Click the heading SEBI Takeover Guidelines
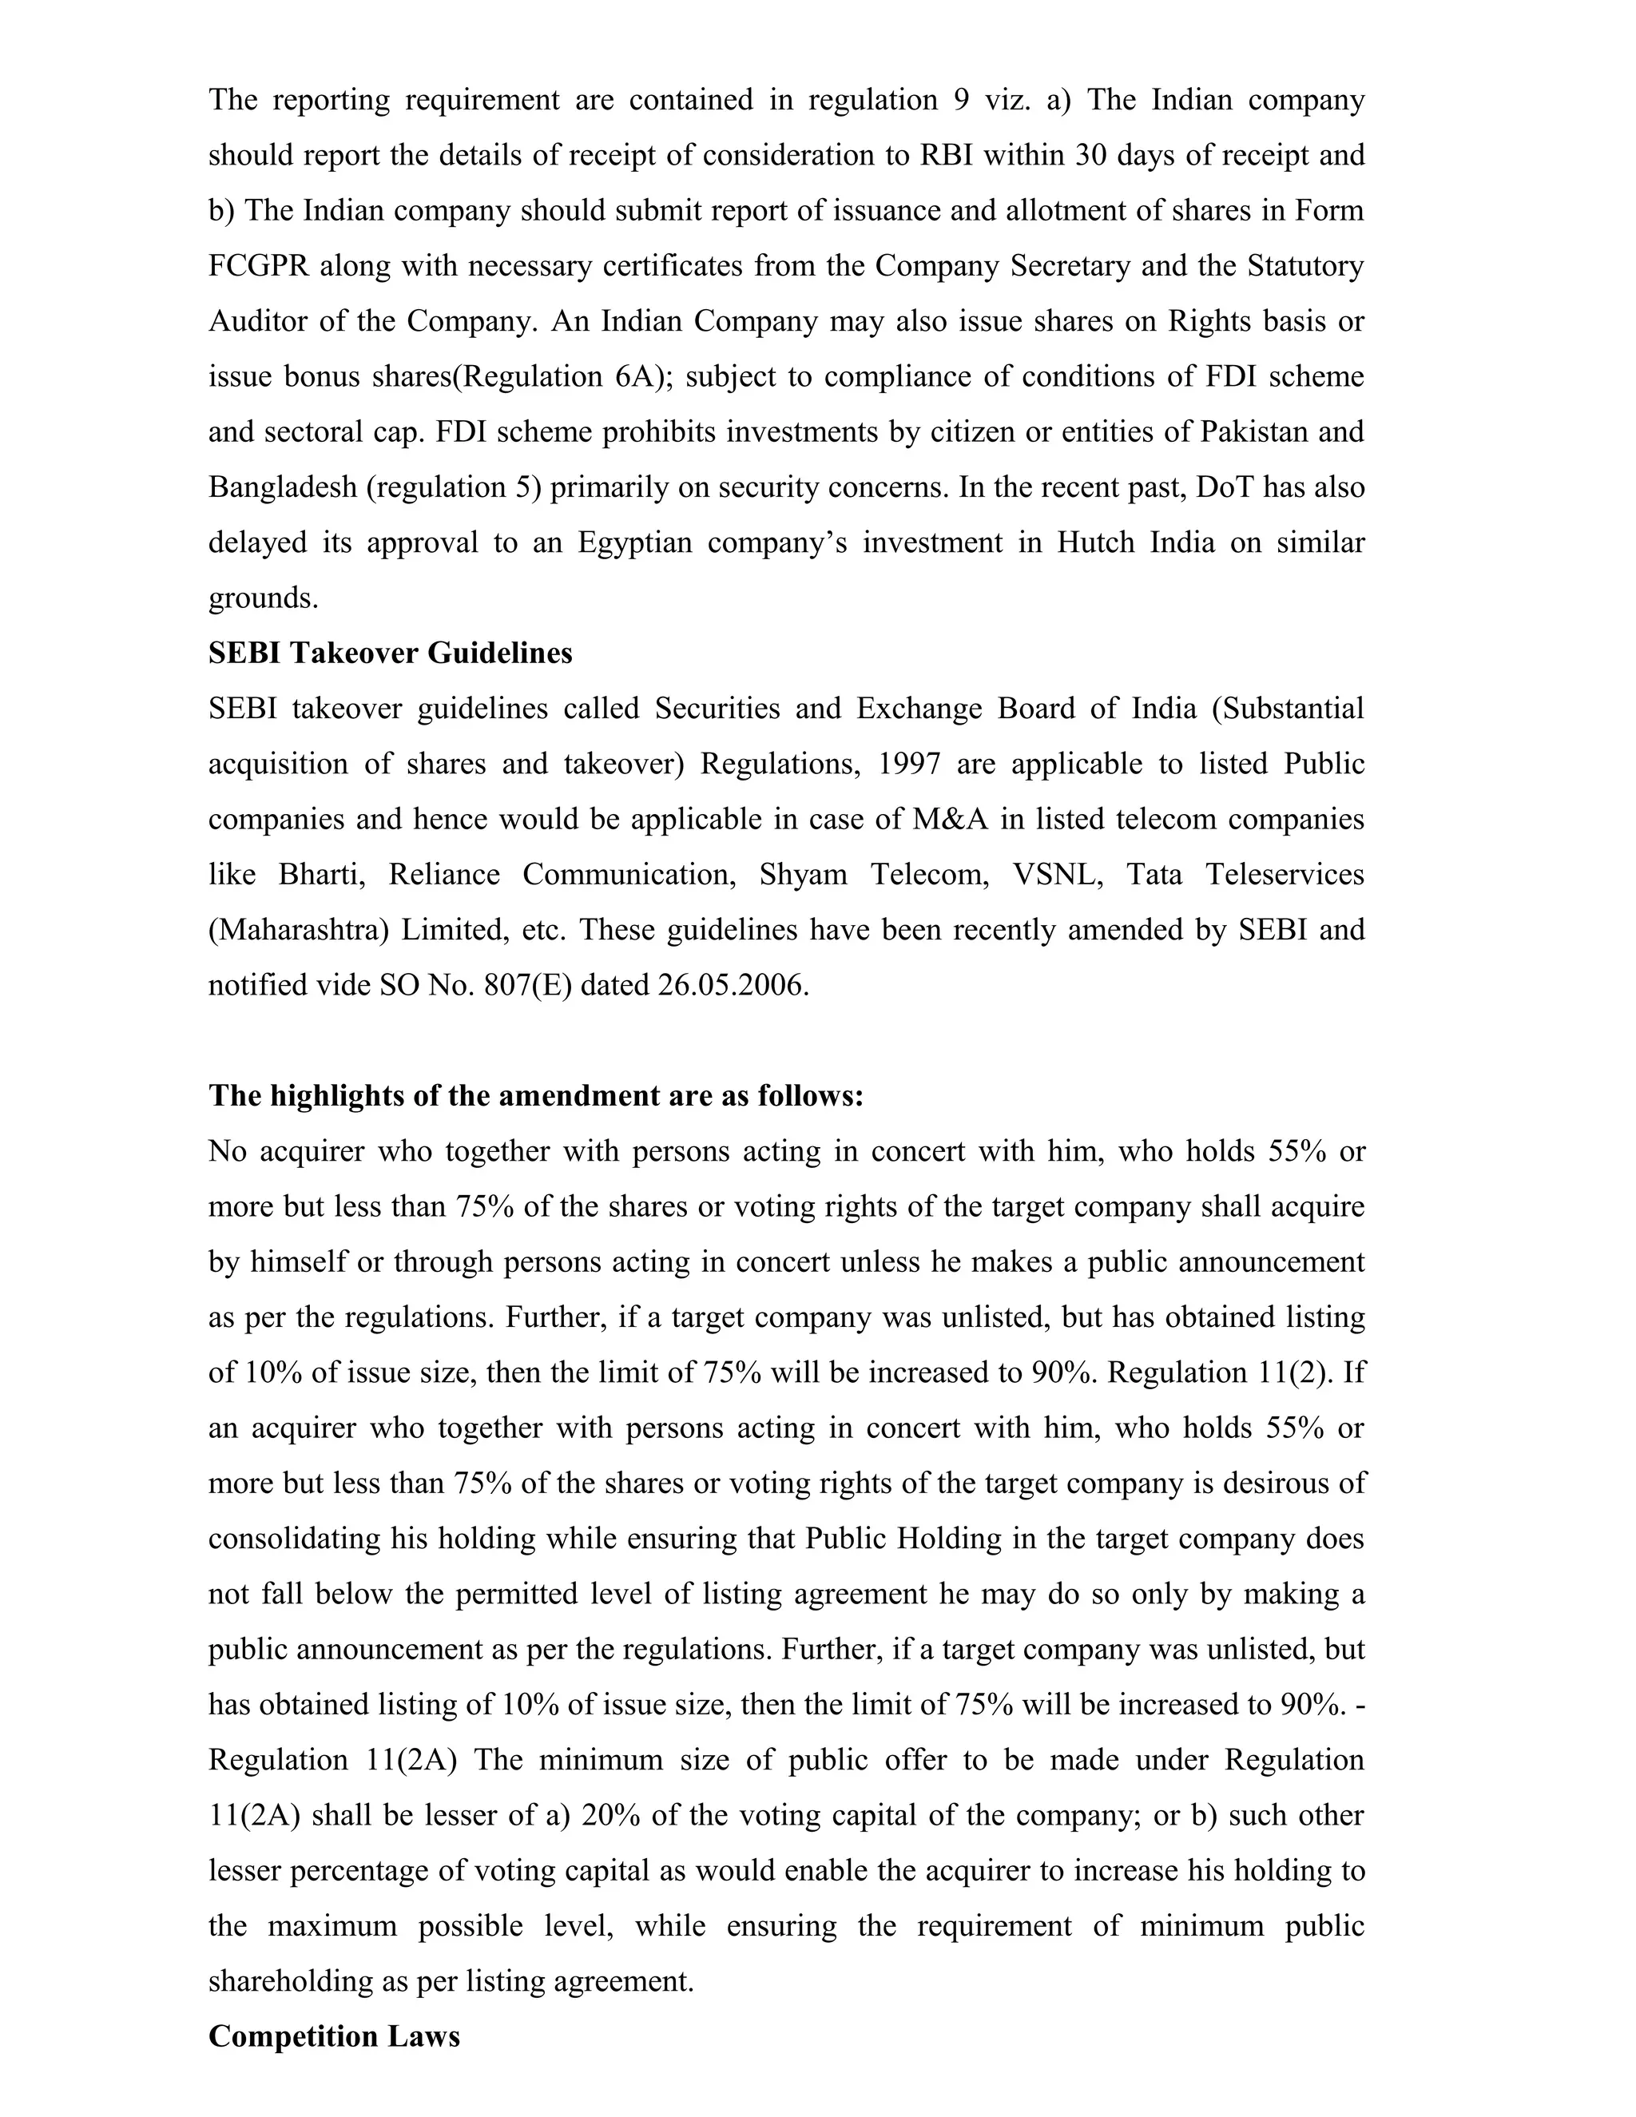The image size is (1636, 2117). click(x=390, y=653)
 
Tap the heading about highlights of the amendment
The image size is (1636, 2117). click(x=535, y=1096)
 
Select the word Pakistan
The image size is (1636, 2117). click(x=1258, y=431)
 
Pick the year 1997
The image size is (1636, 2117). click(x=908, y=764)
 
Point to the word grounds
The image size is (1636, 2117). click(x=263, y=598)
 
